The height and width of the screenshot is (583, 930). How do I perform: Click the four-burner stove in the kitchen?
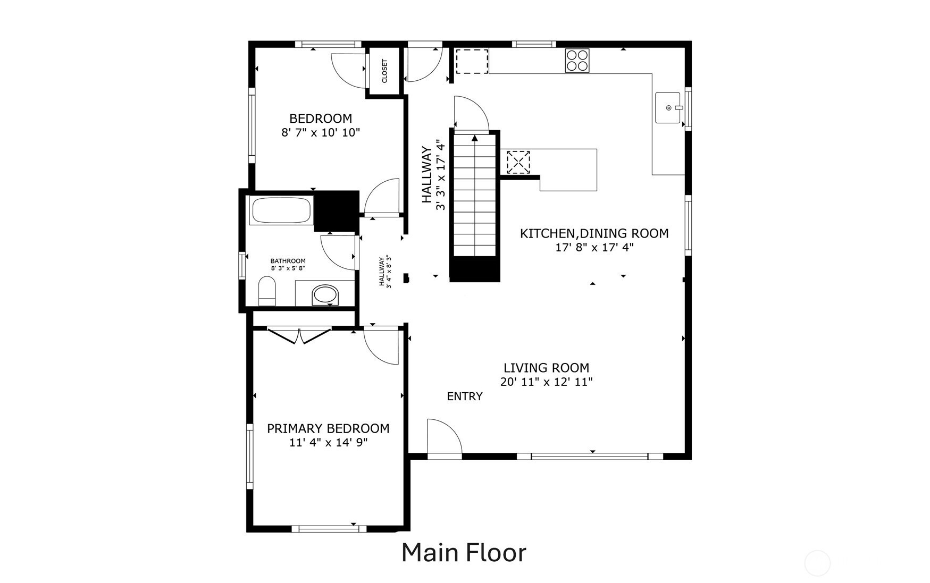577,60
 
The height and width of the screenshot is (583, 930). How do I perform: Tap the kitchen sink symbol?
668,108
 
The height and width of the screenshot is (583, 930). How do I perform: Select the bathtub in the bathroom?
281,210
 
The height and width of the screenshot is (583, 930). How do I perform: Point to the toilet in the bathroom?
267,291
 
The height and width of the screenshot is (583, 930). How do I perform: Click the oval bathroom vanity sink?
325,294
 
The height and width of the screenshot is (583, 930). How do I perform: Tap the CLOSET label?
384,71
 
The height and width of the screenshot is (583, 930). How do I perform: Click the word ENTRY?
465,396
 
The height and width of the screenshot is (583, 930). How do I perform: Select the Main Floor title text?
464,553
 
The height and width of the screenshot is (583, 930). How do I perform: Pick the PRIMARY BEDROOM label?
328,428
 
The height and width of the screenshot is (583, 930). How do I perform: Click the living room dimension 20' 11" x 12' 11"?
547,382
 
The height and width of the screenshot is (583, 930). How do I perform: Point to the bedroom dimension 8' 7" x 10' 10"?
321,132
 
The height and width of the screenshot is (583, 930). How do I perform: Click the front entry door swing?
445,437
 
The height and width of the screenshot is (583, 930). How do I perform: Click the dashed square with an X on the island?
518,162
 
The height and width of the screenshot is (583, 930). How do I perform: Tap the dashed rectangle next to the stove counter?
472,61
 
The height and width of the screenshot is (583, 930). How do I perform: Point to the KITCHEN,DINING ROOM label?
594,233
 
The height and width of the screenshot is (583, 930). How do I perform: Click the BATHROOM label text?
288,261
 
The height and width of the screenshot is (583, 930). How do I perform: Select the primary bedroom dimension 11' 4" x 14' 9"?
329,442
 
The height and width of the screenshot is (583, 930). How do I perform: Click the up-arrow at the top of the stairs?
475,138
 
